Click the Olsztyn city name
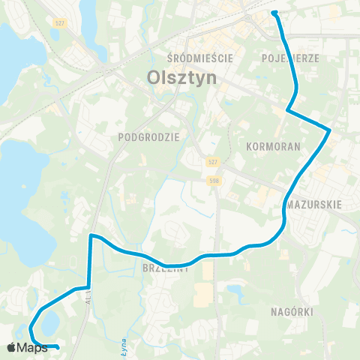coord(170,77)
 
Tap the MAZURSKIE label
coord(315,203)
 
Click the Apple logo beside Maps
coord(11,347)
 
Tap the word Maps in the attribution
coord(32,347)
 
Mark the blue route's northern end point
coord(274,13)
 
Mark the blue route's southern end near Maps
coord(58,346)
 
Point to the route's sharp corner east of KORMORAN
coord(329,130)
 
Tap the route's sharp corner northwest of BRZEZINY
coord(91,236)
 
